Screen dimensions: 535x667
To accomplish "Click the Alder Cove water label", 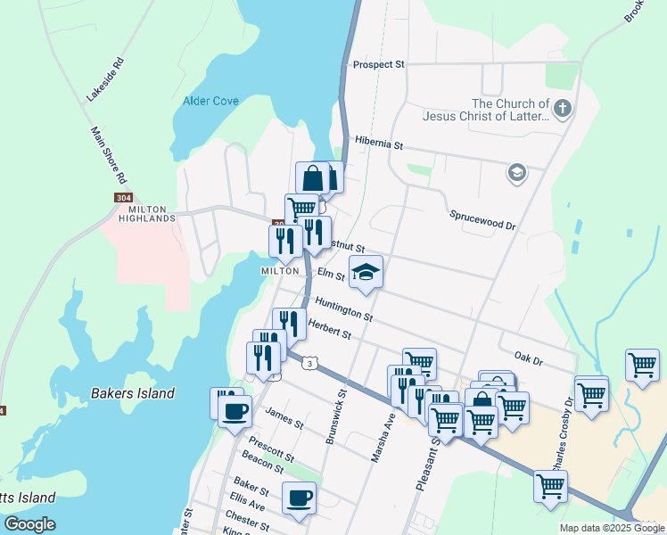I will point(210,101).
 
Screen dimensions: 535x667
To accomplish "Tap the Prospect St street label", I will point(378,65).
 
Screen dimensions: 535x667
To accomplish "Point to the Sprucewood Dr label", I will point(482,220).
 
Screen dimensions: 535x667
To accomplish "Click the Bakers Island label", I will point(133,393).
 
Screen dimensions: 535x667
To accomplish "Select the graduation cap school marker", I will point(365,271).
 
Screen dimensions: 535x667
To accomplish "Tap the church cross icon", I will point(562,110).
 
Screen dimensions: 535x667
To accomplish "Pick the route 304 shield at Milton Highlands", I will point(124,197).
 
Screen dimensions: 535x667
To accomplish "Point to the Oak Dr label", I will point(529,359).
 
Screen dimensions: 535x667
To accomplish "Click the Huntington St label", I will point(343,309).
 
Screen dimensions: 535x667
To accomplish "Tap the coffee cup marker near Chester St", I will point(299,497).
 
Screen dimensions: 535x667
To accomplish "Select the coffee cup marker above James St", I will point(235,411).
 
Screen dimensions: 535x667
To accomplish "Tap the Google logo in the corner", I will point(29,524).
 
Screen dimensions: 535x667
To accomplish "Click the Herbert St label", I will point(329,329).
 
